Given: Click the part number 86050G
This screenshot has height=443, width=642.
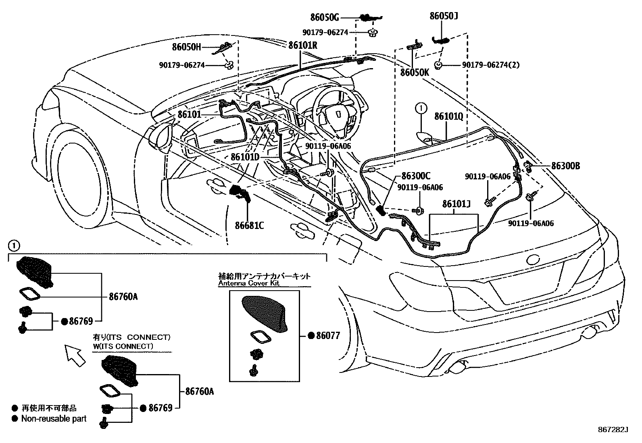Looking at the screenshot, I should [x=325, y=17].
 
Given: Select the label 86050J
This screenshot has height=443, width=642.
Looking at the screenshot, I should [x=443, y=16].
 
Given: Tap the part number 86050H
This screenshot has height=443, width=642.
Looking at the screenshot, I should [x=186, y=47].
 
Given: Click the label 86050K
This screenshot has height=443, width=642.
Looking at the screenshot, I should [x=415, y=73].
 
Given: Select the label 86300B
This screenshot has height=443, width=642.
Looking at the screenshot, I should [x=565, y=166].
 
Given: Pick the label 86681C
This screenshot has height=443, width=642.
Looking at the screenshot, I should [x=249, y=225].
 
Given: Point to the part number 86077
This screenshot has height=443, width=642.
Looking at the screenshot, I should [x=328, y=335].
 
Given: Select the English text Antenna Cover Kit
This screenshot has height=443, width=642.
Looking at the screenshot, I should [x=248, y=283].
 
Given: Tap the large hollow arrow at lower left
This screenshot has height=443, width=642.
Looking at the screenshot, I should [x=75, y=355].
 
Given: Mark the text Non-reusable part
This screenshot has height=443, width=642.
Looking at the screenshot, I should [x=54, y=419].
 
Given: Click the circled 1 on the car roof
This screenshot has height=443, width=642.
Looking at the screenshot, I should [x=421, y=108].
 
